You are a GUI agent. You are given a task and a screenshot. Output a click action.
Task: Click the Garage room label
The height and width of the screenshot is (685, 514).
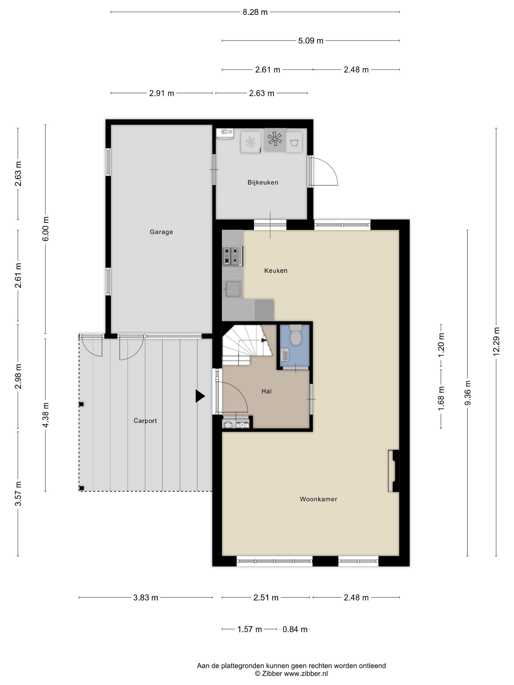pos(161,232)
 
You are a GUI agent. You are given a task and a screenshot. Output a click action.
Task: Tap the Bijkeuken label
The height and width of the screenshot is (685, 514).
pos(263,183)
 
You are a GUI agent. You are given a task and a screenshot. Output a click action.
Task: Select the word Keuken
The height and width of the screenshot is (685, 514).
pos(276,271)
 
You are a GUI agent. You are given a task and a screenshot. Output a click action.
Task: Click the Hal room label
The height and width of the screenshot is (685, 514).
pos(267,391)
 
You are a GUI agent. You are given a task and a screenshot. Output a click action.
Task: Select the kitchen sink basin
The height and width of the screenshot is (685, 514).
pos(233,289)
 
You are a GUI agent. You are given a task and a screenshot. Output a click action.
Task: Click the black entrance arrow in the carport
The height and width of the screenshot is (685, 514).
pos(200,396)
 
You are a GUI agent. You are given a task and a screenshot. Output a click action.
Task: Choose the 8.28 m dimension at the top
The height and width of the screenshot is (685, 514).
pos(255,12)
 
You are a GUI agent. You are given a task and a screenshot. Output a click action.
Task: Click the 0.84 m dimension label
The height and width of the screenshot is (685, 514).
pos(295,629)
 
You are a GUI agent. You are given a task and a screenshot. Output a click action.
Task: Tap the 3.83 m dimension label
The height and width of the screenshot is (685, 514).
pos(146,598)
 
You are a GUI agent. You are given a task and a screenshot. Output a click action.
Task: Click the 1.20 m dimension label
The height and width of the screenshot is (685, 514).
pos(441,345)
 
